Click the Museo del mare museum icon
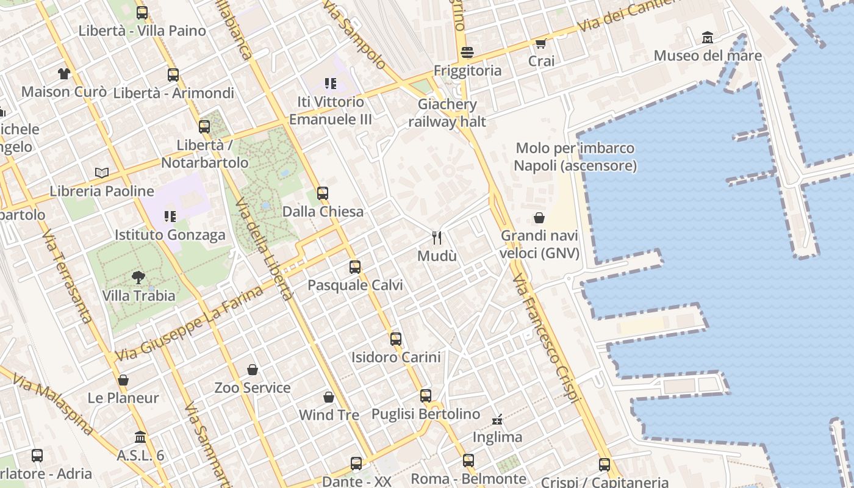(708, 38)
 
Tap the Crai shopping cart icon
(540, 43)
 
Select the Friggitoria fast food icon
(467, 52)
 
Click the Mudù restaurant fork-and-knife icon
(436, 237)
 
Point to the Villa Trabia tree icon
(138, 278)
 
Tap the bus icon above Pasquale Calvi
(354, 267)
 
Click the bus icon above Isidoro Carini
(395, 339)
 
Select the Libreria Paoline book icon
(102, 173)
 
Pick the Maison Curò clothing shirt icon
(64, 74)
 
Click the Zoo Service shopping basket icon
(253, 370)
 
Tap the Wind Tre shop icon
(329, 397)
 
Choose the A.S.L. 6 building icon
(140, 437)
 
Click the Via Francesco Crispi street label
(545, 338)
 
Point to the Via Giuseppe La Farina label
(189, 324)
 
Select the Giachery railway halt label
(447, 113)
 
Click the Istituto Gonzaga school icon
(170, 217)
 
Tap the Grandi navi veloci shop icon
(539, 218)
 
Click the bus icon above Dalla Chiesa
(323, 193)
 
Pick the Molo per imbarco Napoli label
(575, 157)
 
